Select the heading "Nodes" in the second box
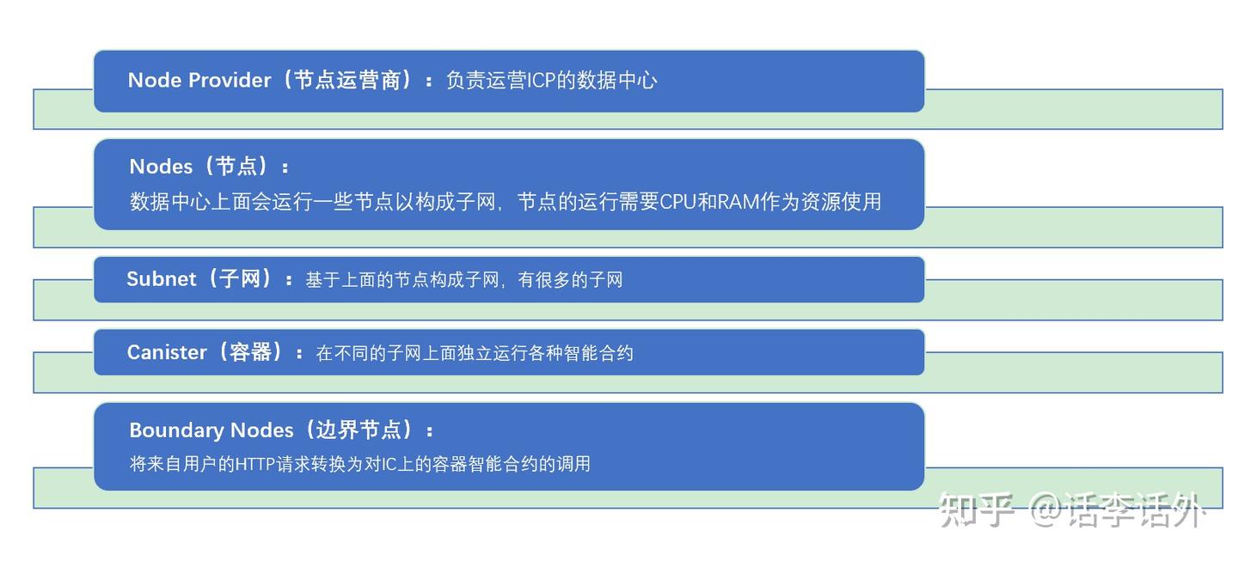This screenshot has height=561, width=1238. tap(161, 166)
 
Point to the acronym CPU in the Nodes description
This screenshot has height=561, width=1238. tap(678, 202)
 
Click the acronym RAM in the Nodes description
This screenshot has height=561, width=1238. tap(739, 202)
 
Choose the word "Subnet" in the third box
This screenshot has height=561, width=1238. tap(162, 279)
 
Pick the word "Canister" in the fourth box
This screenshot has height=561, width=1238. tap(167, 352)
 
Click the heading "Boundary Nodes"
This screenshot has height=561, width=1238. tap(211, 430)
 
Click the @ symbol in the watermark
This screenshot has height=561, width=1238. tap(1043, 509)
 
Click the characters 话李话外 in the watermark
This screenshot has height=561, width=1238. tap(1132, 509)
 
